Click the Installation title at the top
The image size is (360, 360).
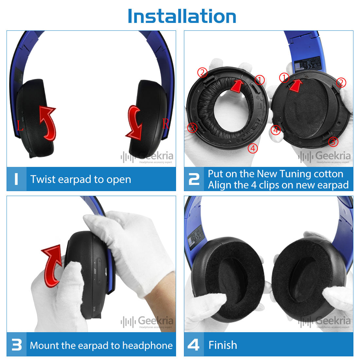(x=182, y=16)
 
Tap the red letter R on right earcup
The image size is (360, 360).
(x=166, y=124)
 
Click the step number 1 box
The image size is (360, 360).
(x=16, y=179)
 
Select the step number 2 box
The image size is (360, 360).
(x=194, y=179)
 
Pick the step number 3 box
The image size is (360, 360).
(x=16, y=345)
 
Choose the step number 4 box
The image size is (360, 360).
(x=194, y=345)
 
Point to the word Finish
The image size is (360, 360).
(x=223, y=345)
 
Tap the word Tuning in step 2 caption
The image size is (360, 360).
(x=295, y=173)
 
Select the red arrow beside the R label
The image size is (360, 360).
(x=135, y=123)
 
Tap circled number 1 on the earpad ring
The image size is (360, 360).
(x=260, y=80)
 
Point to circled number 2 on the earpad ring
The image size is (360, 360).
(x=202, y=72)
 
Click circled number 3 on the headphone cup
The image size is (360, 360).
(x=333, y=142)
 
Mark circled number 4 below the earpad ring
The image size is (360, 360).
(x=252, y=148)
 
